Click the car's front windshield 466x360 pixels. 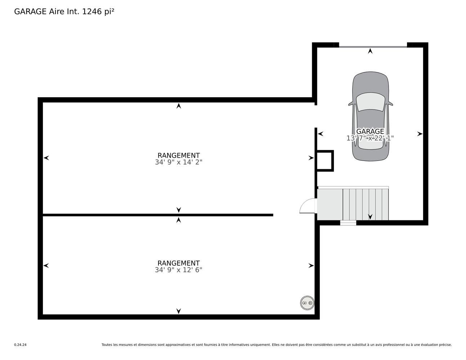[370, 102]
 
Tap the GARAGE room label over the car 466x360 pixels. [370, 131]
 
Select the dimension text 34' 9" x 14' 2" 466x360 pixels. [178, 162]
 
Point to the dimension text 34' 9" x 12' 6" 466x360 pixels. [178, 270]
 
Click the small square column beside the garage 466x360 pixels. [325, 161]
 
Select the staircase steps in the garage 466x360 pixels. [366, 204]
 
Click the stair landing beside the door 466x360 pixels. [330, 204]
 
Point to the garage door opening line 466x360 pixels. [373, 47]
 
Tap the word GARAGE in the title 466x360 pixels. [30, 12]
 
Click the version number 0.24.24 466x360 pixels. [21, 345]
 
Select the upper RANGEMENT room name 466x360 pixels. [178, 156]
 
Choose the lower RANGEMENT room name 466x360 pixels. [178, 263]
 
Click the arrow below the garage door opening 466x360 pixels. [370, 51]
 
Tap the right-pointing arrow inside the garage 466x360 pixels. [420, 134]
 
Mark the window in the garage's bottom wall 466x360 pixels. [348, 223]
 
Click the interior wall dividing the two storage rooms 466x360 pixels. [158, 215]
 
